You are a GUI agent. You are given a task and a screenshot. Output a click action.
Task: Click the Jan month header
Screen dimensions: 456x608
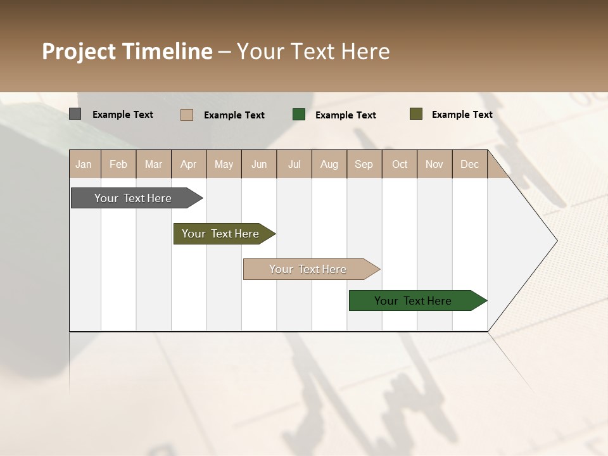coord(84,164)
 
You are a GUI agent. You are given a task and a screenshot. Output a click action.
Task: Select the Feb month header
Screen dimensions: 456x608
coord(118,164)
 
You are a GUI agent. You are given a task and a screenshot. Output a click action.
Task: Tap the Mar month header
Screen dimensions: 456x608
coord(153,164)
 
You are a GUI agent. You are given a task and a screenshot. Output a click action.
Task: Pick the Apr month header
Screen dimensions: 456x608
coord(188,164)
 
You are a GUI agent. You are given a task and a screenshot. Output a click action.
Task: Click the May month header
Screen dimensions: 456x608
coord(224,164)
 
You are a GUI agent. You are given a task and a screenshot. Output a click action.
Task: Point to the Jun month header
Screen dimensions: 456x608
coord(259,164)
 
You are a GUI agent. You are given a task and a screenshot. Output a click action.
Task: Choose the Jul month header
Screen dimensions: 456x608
coord(294,164)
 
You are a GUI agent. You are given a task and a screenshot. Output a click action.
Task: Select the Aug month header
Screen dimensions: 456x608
coord(329,164)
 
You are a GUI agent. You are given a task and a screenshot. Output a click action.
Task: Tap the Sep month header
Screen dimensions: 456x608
coord(364,164)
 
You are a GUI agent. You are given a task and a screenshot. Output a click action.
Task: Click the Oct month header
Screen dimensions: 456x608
coord(400,164)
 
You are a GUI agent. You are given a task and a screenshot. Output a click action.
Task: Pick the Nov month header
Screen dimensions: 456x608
coord(434,164)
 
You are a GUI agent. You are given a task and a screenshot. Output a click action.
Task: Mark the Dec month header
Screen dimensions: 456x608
coord(469,164)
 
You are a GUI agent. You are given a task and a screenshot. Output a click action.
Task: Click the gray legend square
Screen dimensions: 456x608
coord(75,114)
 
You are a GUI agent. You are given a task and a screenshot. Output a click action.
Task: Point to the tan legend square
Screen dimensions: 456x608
coord(186,115)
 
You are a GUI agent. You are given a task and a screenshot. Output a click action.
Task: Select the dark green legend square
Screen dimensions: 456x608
coord(299,114)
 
